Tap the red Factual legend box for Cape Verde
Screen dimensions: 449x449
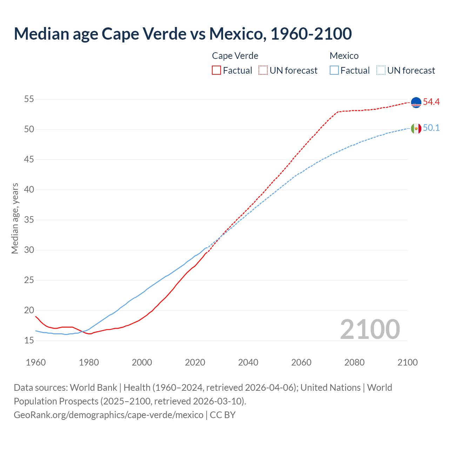tap(216, 70)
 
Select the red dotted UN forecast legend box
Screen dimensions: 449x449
tap(263, 70)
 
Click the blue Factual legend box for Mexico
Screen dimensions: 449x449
tap(334, 70)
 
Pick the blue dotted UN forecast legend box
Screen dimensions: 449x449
tap(381, 70)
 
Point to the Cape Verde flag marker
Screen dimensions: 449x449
tap(416, 102)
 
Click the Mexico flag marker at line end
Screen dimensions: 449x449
tap(416, 128)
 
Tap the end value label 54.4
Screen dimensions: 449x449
tap(431, 102)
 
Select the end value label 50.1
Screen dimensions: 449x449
tap(431, 128)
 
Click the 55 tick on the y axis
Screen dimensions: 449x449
tap(29, 99)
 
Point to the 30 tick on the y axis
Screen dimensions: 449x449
tap(29, 250)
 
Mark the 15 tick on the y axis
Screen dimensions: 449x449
tap(29, 341)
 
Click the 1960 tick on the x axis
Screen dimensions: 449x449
tap(36, 362)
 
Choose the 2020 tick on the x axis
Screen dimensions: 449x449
tap(195, 362)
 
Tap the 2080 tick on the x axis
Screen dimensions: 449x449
tap(354, 362)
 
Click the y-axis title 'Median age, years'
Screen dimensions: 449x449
tap(15, 218)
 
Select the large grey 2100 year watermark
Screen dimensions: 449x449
tap(370, 329)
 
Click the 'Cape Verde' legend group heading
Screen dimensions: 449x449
tap(235, 56)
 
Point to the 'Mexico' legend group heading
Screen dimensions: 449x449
tap(344, 56)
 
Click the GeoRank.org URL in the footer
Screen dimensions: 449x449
tap(108, 415)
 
